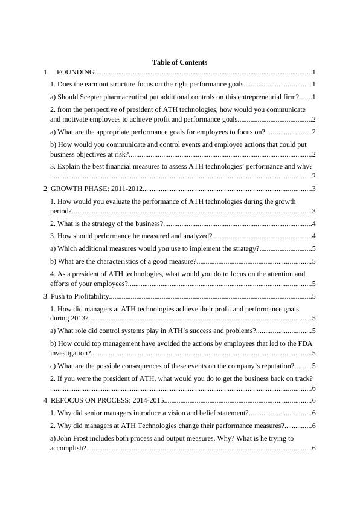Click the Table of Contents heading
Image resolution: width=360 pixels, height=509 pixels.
179,62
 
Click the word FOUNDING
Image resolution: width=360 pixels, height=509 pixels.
76,72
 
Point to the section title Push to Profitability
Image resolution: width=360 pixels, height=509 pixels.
79,296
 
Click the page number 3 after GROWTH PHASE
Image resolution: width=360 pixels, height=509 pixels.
314,189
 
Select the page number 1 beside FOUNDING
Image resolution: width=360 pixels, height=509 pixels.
314,72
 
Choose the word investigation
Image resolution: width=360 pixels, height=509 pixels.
70,353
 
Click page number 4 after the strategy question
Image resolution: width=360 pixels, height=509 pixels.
314,224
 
